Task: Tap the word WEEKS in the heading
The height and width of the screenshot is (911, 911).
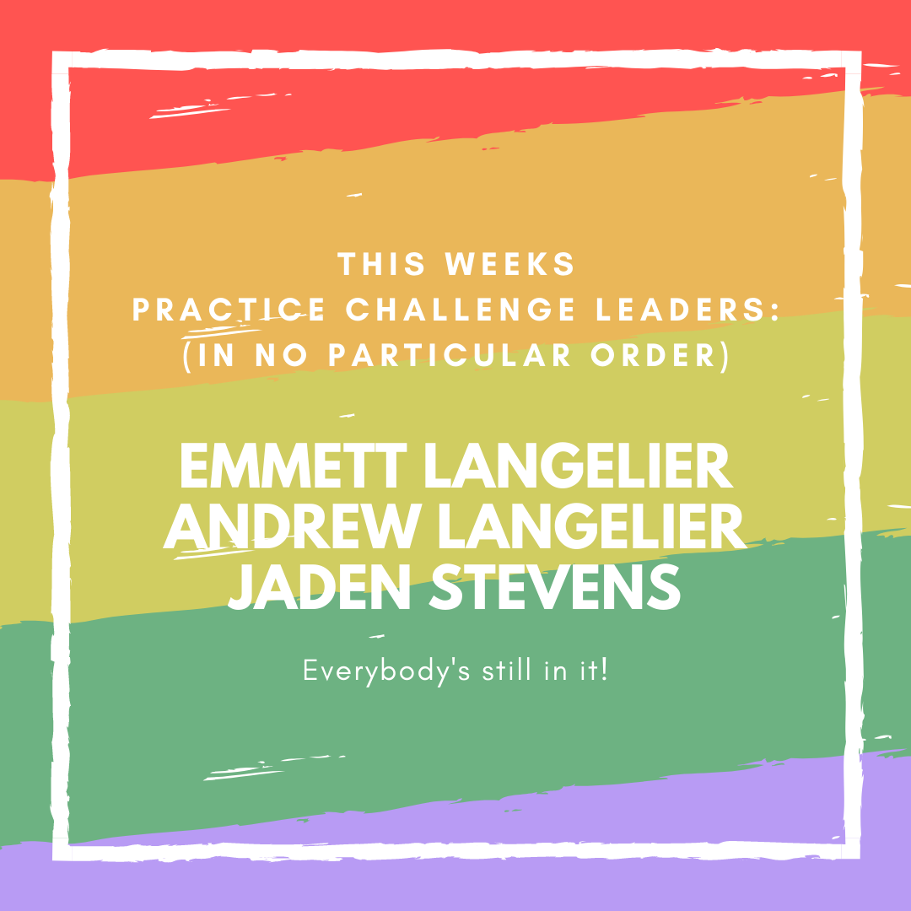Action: click(x=509, y=264)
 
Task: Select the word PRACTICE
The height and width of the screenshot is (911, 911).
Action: click(x=229, y=309)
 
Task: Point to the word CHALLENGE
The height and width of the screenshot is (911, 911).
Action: click(x=461, y=309)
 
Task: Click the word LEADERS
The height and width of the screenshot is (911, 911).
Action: click(x=680, y=309)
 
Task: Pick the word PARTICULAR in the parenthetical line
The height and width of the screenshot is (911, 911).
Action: click(x=449, y=355)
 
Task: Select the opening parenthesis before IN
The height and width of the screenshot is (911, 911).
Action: click(x=187, y=356)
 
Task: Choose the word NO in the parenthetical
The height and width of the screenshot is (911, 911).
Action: click(x=281, y=355)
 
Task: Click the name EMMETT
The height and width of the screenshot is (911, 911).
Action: click(x=294, y=466)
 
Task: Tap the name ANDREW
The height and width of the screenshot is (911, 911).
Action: click(x=293, y=526)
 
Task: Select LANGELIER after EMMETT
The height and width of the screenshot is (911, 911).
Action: click(x=579, y=466)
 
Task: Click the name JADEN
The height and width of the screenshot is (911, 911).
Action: click(x=321, y=586)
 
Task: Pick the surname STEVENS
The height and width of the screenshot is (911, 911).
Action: click(x=555, y=586)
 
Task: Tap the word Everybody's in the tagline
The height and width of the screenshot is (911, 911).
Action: click(x=386, y=671)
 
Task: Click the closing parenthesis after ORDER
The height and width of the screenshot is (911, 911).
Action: click(x=724, y=356)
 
